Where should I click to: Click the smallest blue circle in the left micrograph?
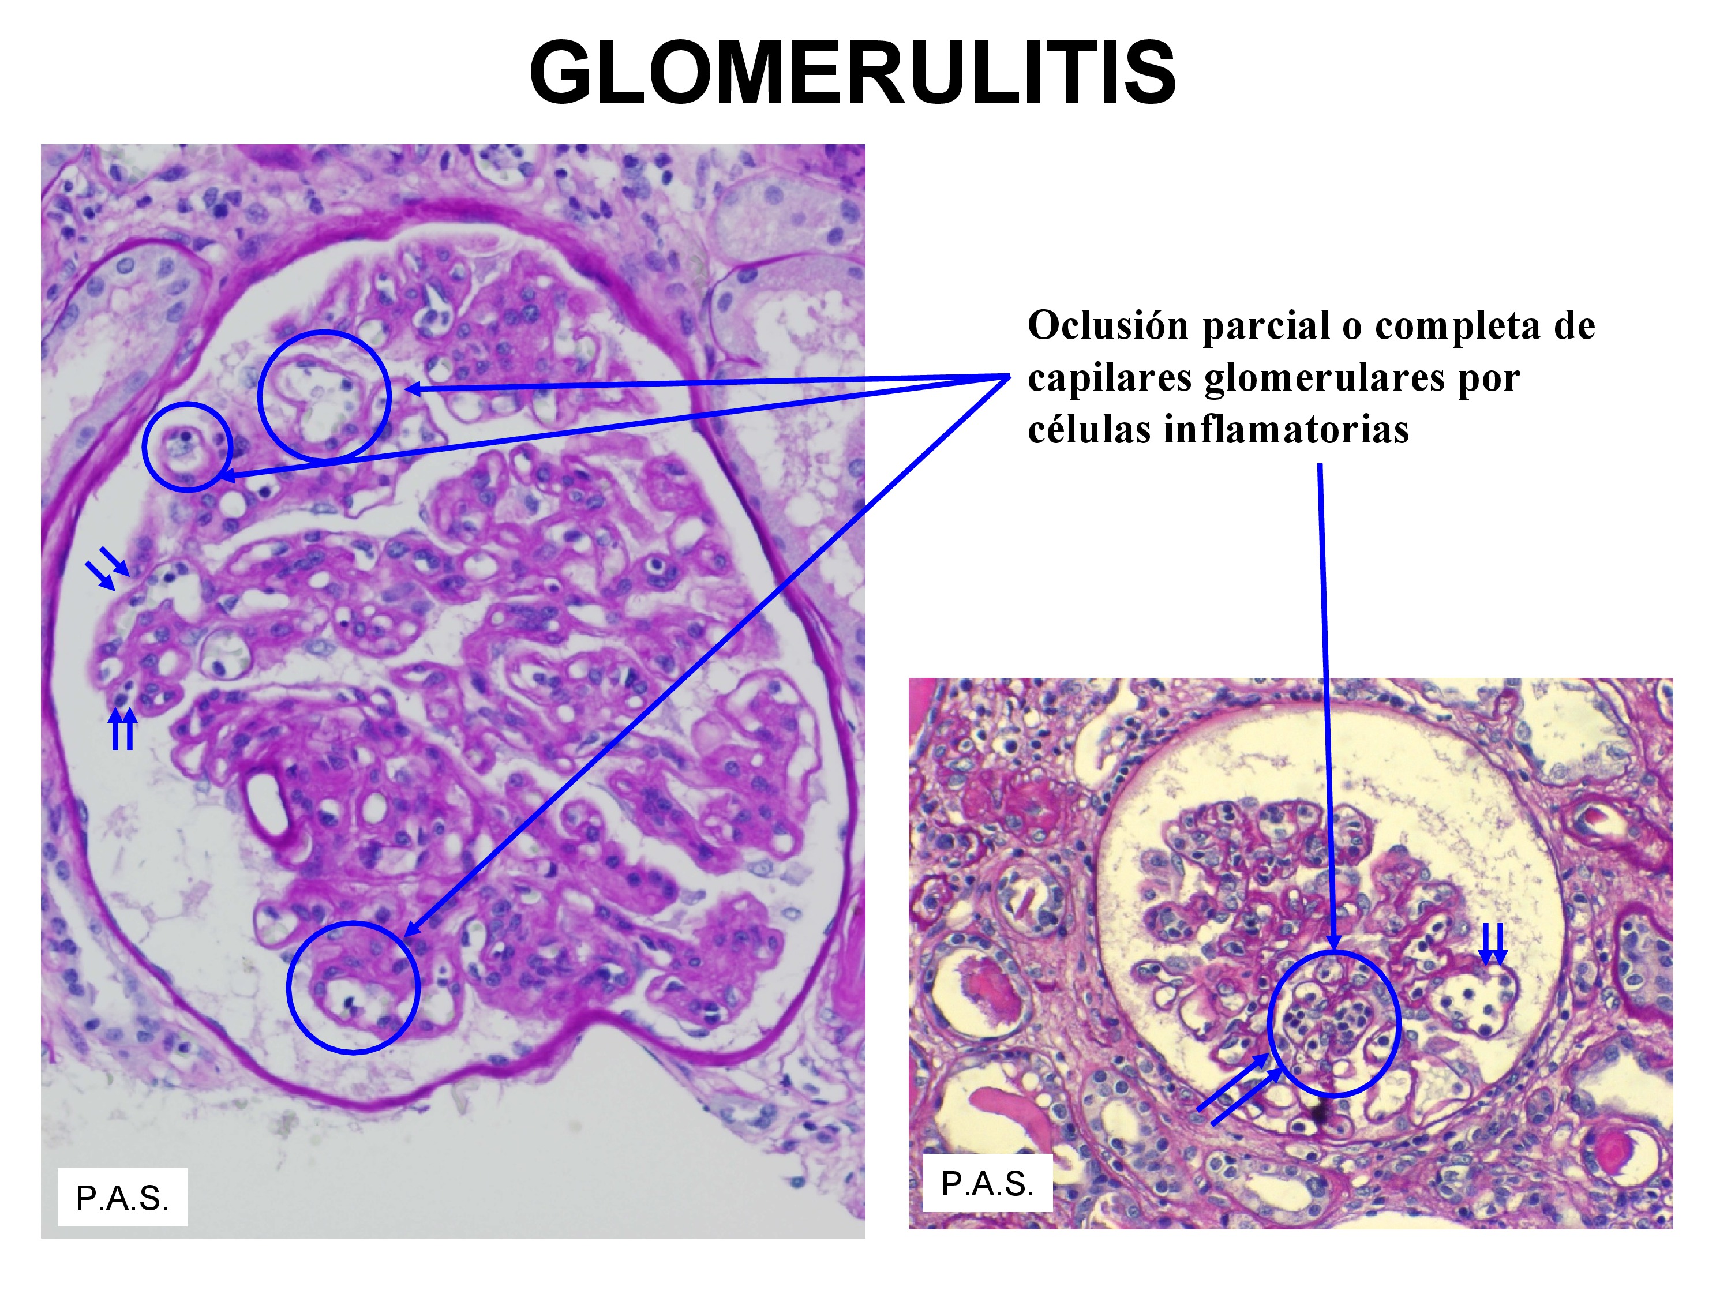tap(188, 447)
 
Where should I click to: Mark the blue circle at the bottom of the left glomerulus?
tap(353, 988)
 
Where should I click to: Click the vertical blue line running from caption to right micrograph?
tap(1325, 704)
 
